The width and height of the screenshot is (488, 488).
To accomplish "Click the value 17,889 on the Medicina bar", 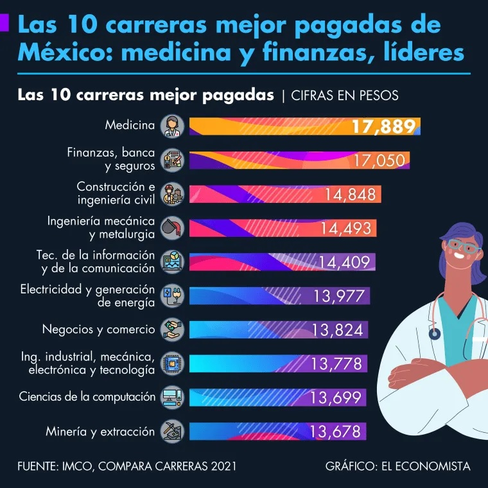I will point(383,126).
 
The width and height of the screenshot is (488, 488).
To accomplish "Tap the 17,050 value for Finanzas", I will point(381,161).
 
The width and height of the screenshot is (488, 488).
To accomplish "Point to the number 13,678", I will point(335,431).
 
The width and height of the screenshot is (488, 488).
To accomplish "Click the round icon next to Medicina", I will point(172,126).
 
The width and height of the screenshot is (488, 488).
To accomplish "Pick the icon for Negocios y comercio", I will point(172,330).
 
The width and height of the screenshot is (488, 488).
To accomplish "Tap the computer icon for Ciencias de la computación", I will point(172,397).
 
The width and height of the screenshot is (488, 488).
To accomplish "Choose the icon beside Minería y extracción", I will point(172,431).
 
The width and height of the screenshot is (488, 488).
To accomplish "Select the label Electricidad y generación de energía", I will point(88,295).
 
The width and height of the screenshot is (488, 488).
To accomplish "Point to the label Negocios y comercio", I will point(98,330).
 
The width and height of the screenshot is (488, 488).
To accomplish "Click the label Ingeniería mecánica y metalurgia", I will point(101,227).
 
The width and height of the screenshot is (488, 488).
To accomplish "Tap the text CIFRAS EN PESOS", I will point(345,96).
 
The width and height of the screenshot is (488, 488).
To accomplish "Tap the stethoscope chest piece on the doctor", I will point(435,333).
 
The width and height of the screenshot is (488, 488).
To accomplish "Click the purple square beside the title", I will point(4,24).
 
